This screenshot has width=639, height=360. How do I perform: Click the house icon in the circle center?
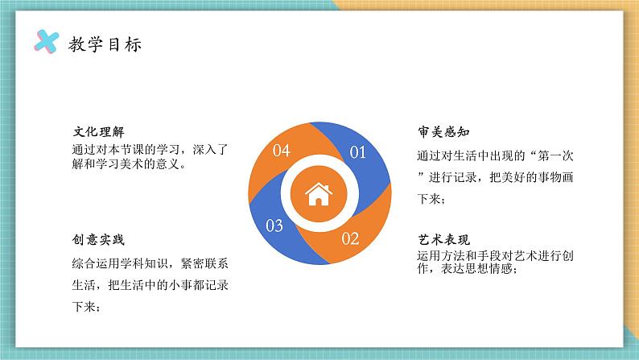[x=319, y=192]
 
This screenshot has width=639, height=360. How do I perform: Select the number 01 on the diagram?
[x=357, y=151]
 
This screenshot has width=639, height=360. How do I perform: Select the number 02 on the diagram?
[x=351, y=238]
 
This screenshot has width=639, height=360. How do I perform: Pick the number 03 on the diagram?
[x=274, y=225]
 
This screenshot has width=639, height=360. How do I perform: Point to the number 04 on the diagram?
[x=282, y=150]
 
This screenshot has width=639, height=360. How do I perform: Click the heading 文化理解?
[x=98, y=131]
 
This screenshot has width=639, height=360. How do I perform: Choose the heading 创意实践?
[x=98, y=241]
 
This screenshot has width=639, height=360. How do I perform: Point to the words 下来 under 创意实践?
[x=82, y=306]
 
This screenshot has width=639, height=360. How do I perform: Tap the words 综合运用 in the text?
[x=93, y=263]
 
